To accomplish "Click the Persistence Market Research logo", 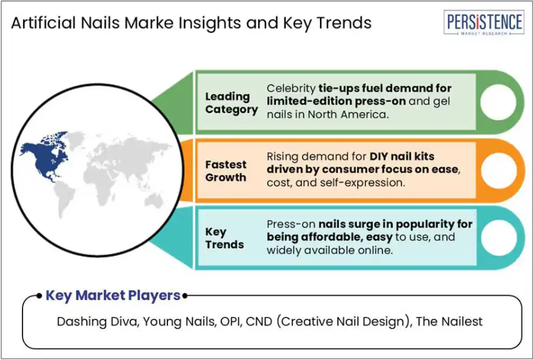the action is click(483, 23).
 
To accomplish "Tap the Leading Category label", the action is click(232, 103).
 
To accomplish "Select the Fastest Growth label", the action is click(226, 171).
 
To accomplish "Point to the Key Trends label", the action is click(225, 238).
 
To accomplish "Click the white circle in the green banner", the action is click(498, 102).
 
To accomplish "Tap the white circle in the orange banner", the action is click(499, 170).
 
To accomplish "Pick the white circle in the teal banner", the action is click(499, 238).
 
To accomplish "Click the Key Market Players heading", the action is click(113, 296).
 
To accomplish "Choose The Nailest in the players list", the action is click(449, 321).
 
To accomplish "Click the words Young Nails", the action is click(180, 321).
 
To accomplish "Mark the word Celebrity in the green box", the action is click(291, 88).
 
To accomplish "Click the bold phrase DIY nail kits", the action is click(402, 156).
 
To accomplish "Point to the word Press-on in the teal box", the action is click(291, 224).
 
